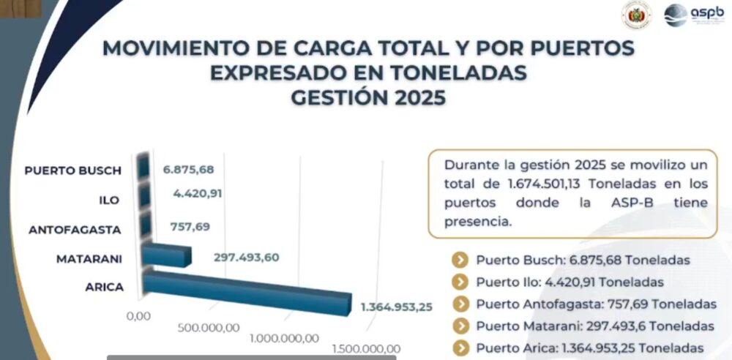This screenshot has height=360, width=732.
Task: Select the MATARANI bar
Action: (x=167, y=255)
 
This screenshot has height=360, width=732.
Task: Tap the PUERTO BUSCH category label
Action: (x=72, y=170)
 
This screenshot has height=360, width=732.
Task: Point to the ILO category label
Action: (x=111, y=200)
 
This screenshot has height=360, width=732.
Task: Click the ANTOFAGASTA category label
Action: (x=75, y=230)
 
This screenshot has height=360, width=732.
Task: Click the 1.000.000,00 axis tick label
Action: (x=284, y=337)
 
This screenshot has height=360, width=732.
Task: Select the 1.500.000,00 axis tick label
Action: (x=365, y=348)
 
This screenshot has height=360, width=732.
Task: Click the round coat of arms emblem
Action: (x=636, y=15)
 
